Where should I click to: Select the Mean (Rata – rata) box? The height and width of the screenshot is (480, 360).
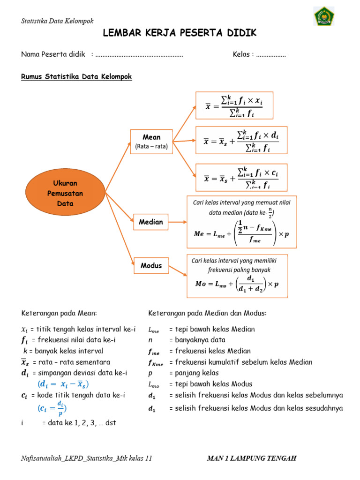(151, 141)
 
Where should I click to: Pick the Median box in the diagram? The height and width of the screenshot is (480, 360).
(151, 222)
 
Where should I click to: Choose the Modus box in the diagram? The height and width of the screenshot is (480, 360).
(151, 265)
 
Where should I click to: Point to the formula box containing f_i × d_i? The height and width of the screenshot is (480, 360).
(241, 141)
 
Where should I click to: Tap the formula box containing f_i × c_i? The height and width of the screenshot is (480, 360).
(241, 177)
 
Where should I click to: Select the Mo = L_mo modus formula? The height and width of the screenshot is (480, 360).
(237, 284)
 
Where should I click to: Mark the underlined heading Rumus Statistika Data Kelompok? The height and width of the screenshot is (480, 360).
(76, 76)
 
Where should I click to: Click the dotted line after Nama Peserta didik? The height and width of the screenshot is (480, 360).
(139, 55)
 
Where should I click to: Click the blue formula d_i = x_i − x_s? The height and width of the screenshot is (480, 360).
(63, 384)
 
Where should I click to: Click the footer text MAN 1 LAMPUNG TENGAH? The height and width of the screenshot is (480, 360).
(252, 458)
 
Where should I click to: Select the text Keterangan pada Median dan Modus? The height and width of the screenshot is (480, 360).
(207, 313)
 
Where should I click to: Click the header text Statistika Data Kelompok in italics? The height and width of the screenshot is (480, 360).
(58, 21)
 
